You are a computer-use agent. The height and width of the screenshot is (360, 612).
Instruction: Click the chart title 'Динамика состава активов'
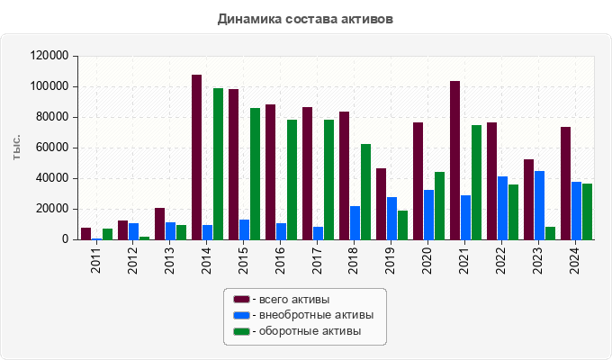click(305, 18)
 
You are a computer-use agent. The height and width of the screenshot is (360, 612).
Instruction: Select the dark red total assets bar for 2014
click(196, 157)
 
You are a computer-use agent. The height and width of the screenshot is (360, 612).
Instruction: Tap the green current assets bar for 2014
click(218, 164)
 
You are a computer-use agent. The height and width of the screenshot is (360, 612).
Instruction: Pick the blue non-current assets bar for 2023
click(539, 205)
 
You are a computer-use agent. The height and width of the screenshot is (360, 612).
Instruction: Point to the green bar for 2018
click(365, 192)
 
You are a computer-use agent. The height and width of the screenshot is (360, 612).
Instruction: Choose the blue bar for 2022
click(502, 208)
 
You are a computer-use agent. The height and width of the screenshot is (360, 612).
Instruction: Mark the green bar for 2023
click(550, 233)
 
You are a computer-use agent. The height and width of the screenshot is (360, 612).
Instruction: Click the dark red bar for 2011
click(85, 234)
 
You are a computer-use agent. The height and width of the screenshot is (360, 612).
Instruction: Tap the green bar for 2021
click(476, 183)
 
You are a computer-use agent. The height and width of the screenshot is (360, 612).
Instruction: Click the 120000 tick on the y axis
click(49, 56)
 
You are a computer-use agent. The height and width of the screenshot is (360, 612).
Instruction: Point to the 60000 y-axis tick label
click(52, 148)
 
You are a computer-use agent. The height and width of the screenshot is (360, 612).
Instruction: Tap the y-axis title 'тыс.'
click(17, 148)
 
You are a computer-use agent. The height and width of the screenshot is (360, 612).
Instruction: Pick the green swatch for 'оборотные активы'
click(241, 331)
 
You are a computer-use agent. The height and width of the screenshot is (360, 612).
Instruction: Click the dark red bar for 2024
click(565, 184)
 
